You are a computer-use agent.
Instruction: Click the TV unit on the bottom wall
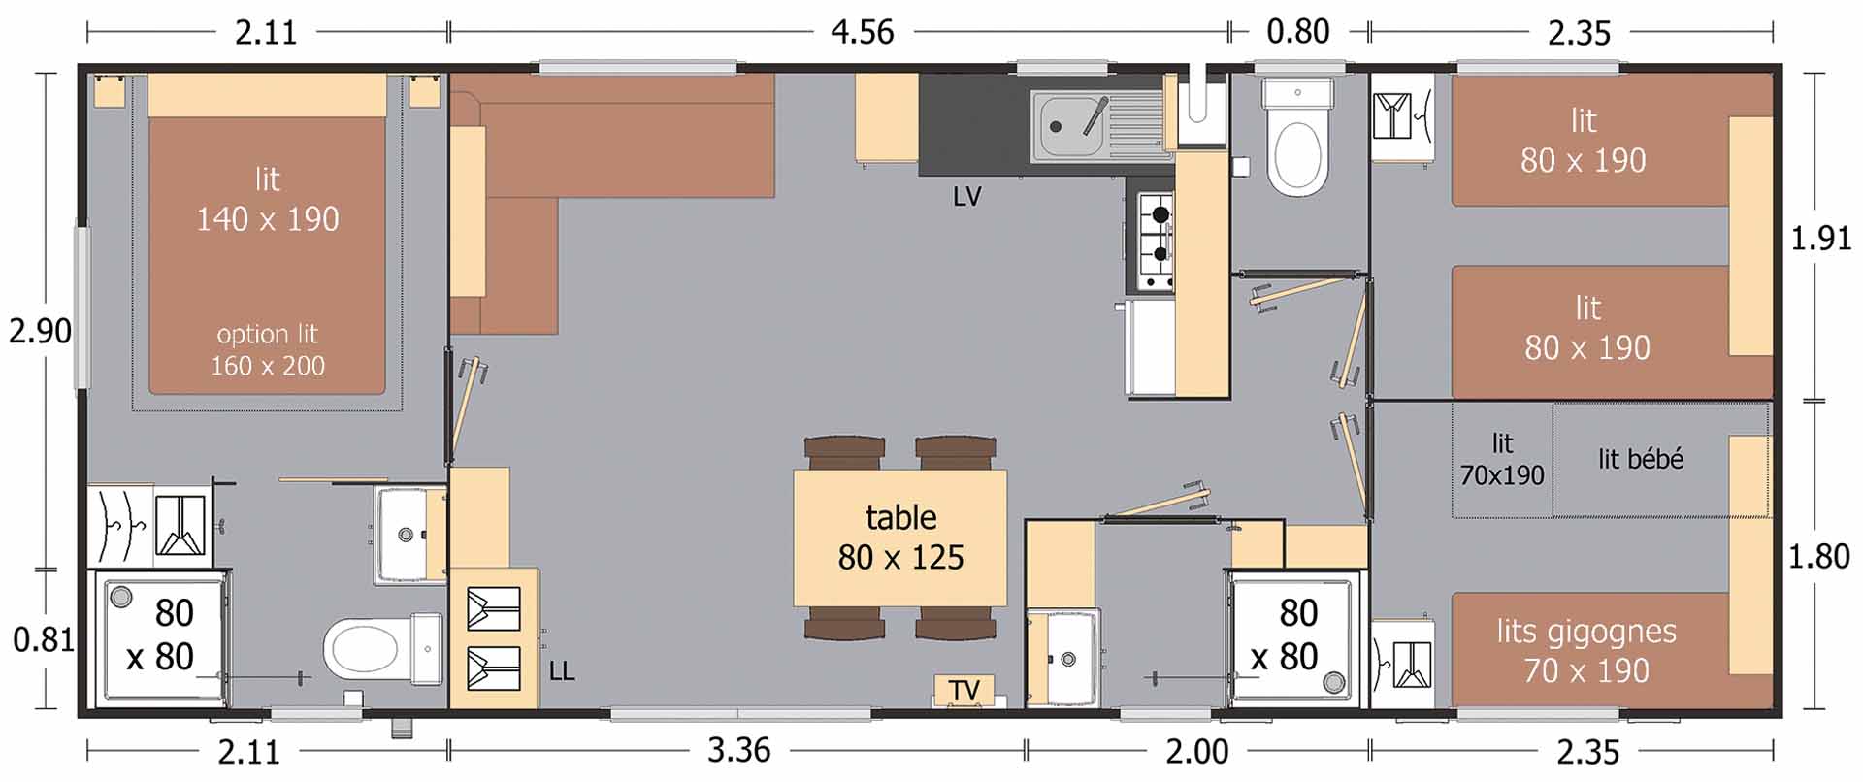pyautogui.click(x=964, y=690)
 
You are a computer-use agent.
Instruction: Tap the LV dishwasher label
pyautogui.click(x=967, y=197)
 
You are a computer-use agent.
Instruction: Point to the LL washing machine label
pyautogui.click(x=562, y=670)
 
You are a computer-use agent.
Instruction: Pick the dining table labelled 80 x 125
pyautogui.click(x=900, y=538)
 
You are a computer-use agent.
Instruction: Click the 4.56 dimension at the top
pyautogui.click(x=863, y=32)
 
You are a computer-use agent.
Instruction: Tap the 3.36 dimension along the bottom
pyautogui.click(x=739, y=750)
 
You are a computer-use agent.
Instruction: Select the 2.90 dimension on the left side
pyautogui.click(x=40, y=331)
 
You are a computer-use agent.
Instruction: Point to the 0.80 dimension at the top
pyautogui.click(x=1298, y=31)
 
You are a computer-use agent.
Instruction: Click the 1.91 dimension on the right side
pyautogui.click(x=1821, y=238)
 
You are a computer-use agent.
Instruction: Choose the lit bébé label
pyautogui.click(x=1641, y=459)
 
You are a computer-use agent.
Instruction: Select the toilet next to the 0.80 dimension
pyautogui.click(x=1297, y=141)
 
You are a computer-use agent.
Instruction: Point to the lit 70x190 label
pyautogui.click(x=1502, y=460)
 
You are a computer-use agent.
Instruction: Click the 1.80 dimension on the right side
pyautogui.click(x=1819, y=557)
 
